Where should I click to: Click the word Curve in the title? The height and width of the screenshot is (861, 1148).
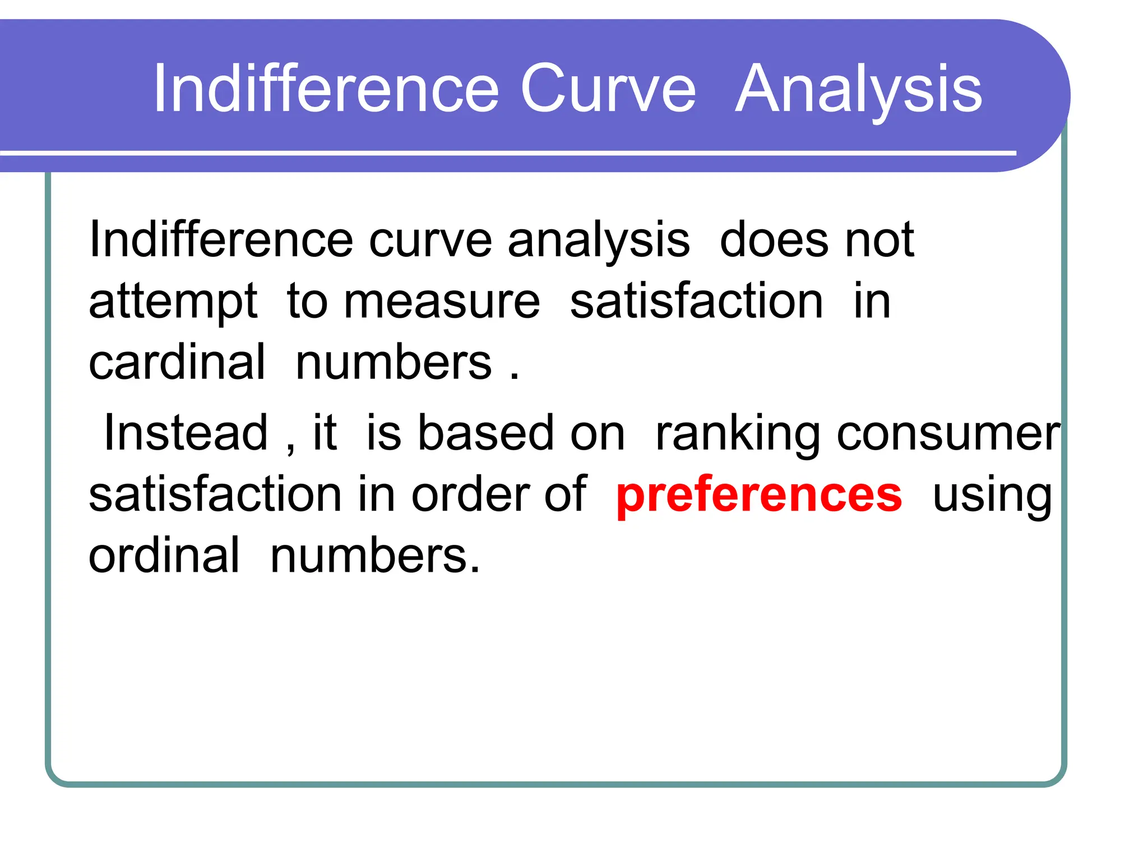608,89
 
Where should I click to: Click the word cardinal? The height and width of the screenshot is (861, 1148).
177,362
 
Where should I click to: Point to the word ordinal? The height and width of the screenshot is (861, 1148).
164,556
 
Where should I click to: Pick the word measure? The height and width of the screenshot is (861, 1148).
442,302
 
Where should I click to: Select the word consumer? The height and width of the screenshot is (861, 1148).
948,434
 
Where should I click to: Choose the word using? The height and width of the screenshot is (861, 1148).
992,496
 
